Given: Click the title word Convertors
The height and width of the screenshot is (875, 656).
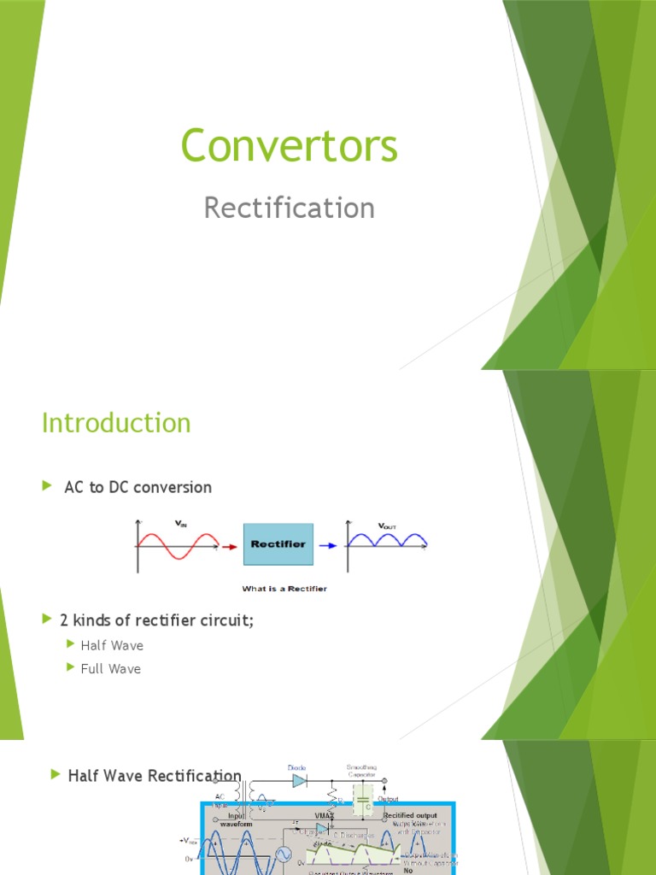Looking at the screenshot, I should pyautogui.click(x=290, y=145).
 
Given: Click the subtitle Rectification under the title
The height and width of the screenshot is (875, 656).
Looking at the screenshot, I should pyautogui.click(x=290, y=208).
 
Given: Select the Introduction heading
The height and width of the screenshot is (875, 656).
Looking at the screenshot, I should pyautogui.click(x=116, y=423).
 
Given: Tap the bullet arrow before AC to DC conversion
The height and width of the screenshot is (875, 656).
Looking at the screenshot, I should pyautogui.click(x=47, y=486).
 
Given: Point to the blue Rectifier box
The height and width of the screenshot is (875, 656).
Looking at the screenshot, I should pyautogui.click(x=278, y=543).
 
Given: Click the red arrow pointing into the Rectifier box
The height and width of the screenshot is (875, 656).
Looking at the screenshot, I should pyautogui.click(x=229, y=543).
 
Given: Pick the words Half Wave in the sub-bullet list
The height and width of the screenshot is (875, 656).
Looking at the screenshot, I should pyautogui.click(x=112, y=645).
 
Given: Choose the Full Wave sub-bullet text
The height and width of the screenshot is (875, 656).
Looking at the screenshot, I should pyautogui.click(x=111, y=668).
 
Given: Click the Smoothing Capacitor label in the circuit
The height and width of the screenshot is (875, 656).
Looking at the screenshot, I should pyautogui.click(x=362, y=772).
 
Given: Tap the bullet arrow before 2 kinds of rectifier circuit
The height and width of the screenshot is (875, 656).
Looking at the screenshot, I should pyautogui.click(x=47, y=619).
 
